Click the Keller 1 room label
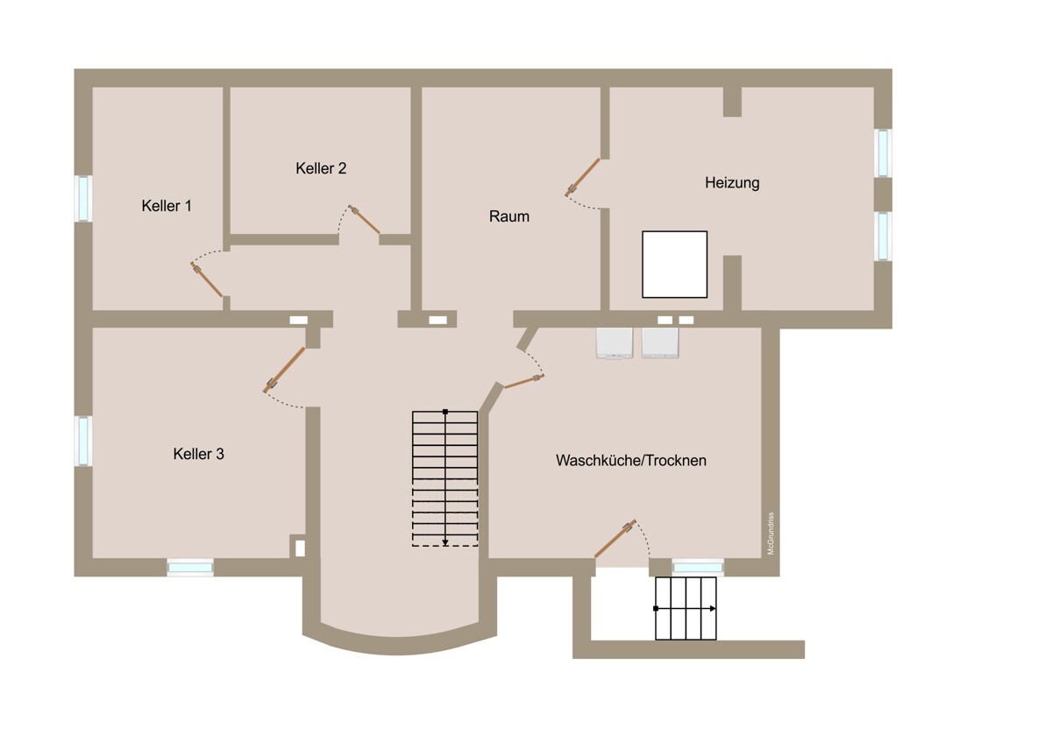pyautogui.click(x=167, y=206)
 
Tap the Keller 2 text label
pyautogui.click(x=321, y=168)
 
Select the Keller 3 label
pyautogui.click(x=199, y=454)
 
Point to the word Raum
pyautogui.click(x=509, y=216)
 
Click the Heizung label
pyautogui.click(x=732, y=182)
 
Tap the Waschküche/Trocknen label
pyautogui.click(x=631, y=461)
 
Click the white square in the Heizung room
pyautogui.click(x=675, y=265)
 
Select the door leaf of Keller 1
pyautogui.click(x=206, y=280)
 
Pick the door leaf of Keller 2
pyautogui.click(x=364, y=219)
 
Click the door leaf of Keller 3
pyautogui.click(x=284, y=370)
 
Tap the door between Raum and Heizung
pyautogui.click(x=582, y=177)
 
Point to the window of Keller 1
pyautogui.click(x=83, y=199)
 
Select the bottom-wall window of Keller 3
pyautogui.click(x=190, y=568)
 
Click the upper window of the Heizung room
pyautogui.click(x=884, y=153)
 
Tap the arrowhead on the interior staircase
pyautogui.click(x=445, y=543)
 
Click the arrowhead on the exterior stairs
pyautogui.click(x=713, y=609)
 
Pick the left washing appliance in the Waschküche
pyautogui.click(x=615, y=343)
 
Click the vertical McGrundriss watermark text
pyautogui.click(x=771, y=534)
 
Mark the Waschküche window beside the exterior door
pyautogui.click(x=699, y=568)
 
